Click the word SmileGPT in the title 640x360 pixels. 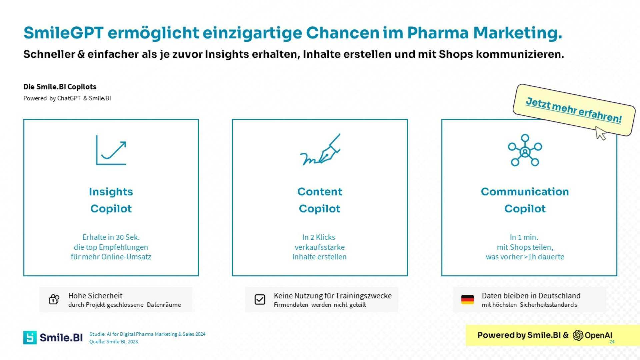click(x=63, y=33)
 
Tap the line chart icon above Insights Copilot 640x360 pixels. click(x=111, y=150)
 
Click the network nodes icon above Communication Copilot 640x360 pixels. click(x=525, y=150)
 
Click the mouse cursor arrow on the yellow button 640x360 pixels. click(x=601, y=133)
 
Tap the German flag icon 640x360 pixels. click(x=467, y=299)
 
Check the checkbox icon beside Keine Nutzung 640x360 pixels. click(x=260, y=299)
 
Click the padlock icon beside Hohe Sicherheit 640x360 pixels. click(x=54, y=299)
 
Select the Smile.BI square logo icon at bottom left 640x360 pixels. click(x=30, y=337)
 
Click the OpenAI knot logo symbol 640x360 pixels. click(x=578, y=335)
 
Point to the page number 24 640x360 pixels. click(x=612, y=342)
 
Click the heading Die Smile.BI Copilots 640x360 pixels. click(x=60, y=87)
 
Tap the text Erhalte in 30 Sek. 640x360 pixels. click(x=111, y=237)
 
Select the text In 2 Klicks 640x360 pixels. click(x=319, y=237)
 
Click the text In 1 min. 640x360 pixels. click(x=524, y=237)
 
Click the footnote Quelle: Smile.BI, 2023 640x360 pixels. click(x=114, y=342)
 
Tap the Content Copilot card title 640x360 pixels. click(x=320, y=200)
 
